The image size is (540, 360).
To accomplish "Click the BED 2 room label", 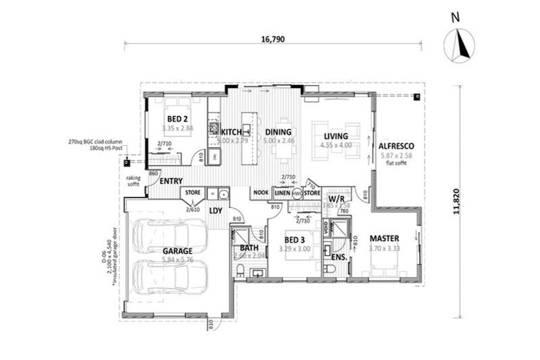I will (176, 119).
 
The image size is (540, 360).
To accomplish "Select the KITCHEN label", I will (231, 131).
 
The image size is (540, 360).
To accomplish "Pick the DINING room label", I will (278, 131).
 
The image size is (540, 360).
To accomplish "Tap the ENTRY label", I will (171, 181).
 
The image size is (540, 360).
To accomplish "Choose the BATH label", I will (250, 248).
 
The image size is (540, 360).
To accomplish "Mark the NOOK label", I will (260, 192).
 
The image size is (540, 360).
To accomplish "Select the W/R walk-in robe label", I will (335, 200).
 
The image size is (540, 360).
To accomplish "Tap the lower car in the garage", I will (170, 277).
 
